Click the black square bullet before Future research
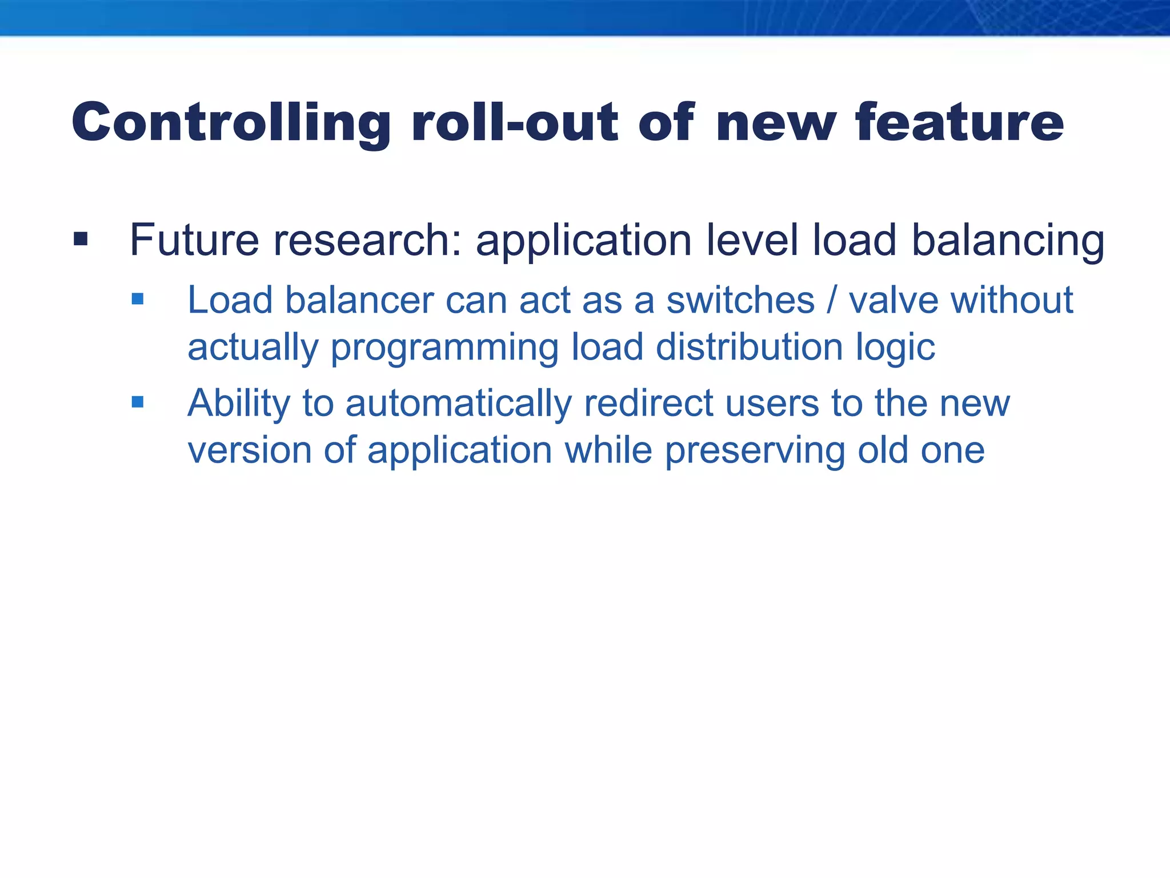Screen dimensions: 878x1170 81,238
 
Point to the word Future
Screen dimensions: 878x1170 194,240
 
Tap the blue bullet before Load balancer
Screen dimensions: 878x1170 137,298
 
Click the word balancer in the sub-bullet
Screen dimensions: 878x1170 359,300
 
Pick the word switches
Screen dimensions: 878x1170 740,300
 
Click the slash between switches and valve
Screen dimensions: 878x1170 832,300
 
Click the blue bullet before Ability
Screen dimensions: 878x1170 137,402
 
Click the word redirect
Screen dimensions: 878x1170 648,403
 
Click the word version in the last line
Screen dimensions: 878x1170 249,450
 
